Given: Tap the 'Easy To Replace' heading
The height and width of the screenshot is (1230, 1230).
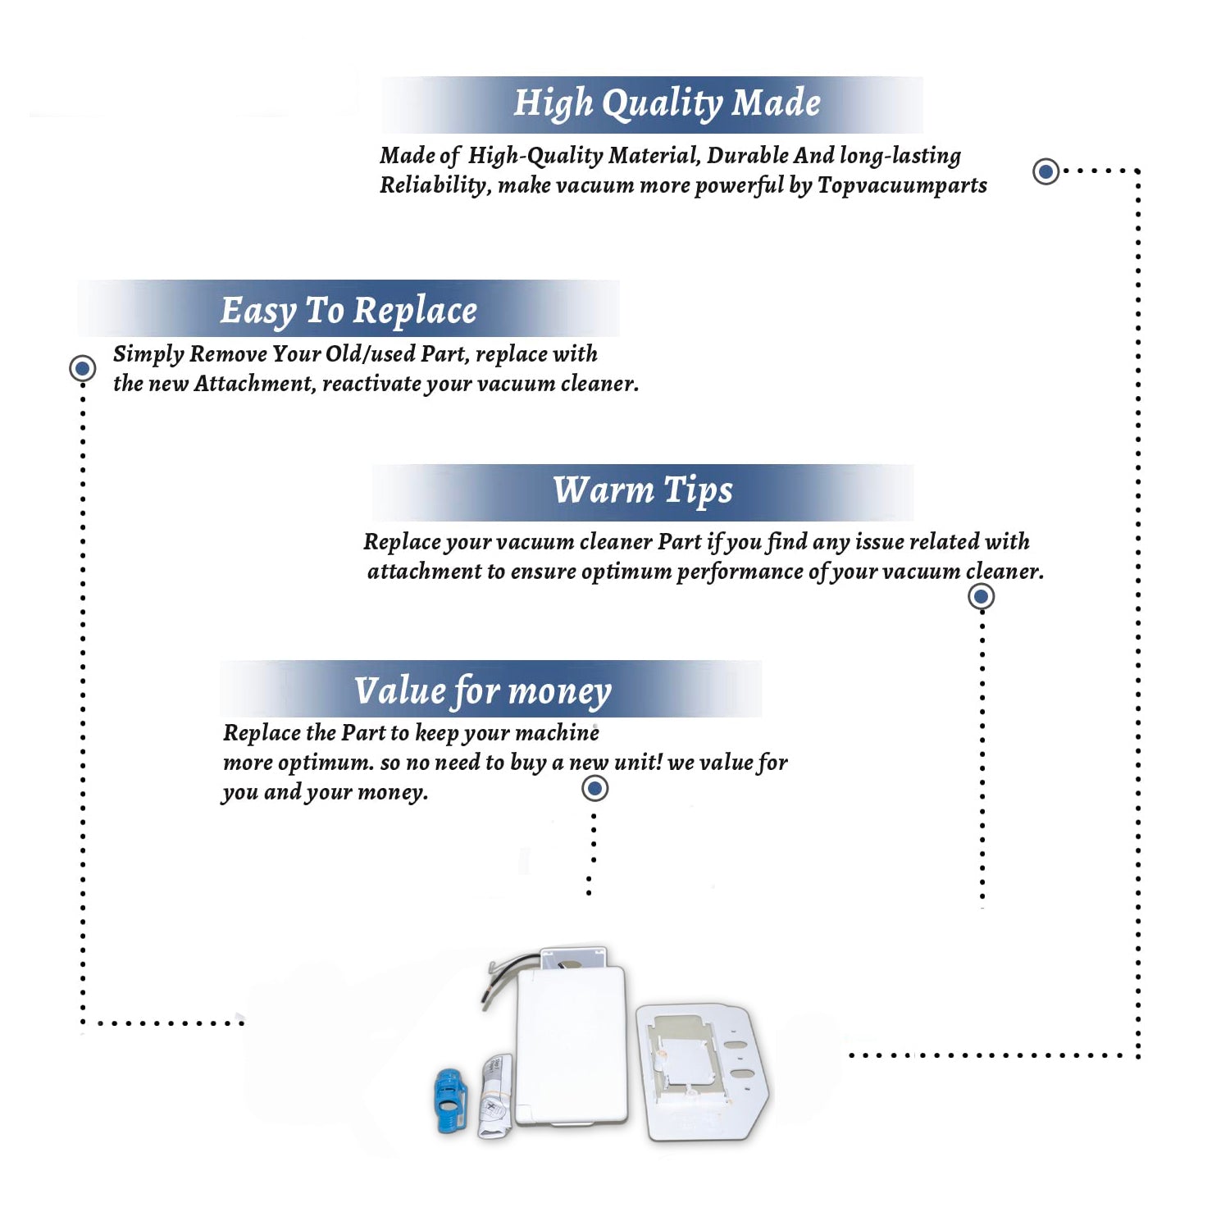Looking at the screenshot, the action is (x=348, y=311).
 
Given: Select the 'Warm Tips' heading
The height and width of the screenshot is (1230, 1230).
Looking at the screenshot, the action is (x=642, y=490).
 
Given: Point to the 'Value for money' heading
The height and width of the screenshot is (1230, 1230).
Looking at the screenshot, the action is (x=482, y=691).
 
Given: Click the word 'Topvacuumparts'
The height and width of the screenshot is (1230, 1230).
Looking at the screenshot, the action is (x=902, y=185).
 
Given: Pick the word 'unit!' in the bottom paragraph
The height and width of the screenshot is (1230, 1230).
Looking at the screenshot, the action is (x=637, y=762).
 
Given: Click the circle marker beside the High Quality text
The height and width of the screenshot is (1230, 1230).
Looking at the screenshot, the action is (x=1045, y=171).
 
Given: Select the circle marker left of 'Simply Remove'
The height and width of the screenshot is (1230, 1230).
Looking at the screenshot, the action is (x=82, y=368).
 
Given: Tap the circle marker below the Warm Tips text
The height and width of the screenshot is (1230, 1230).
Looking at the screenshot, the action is (x=981, y=596).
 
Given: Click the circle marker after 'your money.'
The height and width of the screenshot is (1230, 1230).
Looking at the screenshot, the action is (x=594, y=789).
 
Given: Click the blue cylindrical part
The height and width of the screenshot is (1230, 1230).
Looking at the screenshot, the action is (x=450, y=1100).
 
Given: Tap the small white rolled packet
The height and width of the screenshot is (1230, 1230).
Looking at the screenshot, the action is (x=495, y=1096).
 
